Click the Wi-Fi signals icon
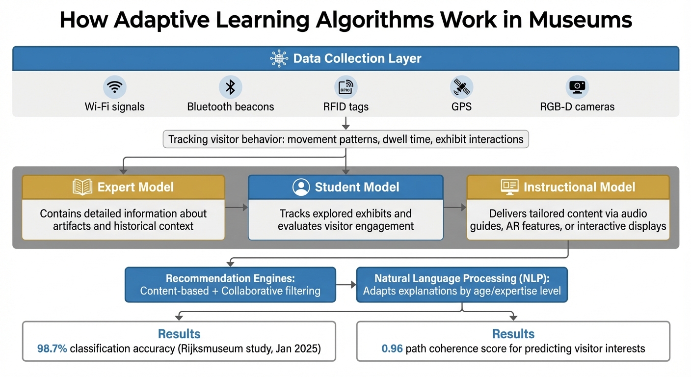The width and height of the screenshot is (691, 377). (115, 87)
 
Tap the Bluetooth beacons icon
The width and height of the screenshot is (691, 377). (230, 87)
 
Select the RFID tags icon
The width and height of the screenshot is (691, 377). (346, 87)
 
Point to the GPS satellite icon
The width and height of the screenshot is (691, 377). (461, 87)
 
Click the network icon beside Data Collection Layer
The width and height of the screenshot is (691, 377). (279, 59)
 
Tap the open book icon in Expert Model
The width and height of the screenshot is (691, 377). (82, 187)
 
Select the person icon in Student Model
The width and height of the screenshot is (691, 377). (301, 187)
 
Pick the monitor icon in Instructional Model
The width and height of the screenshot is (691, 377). (509, 187)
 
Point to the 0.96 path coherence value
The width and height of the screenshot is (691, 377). (392, 349)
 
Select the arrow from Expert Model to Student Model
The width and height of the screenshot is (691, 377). (237, 208)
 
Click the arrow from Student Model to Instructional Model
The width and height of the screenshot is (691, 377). (455, 208)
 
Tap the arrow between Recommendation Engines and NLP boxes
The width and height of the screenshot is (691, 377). (346, 284)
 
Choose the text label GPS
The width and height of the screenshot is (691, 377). (461, 107)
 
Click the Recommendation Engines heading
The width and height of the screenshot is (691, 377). (230, 278)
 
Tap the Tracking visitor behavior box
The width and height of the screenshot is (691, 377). (346, 139)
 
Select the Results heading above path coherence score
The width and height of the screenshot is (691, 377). (513, 334)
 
